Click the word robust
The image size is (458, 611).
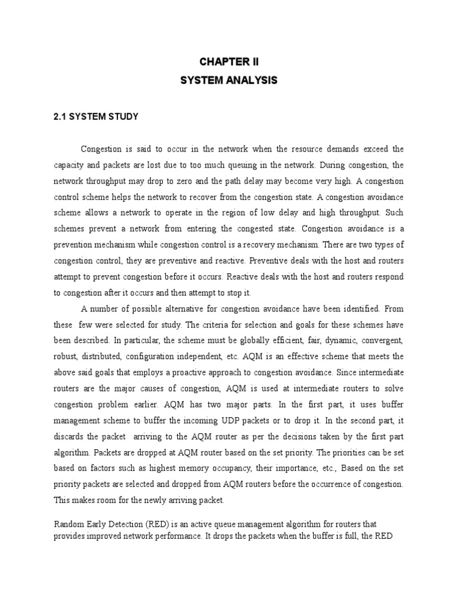coord(66,356)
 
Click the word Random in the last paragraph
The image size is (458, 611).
coord(69,524)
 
